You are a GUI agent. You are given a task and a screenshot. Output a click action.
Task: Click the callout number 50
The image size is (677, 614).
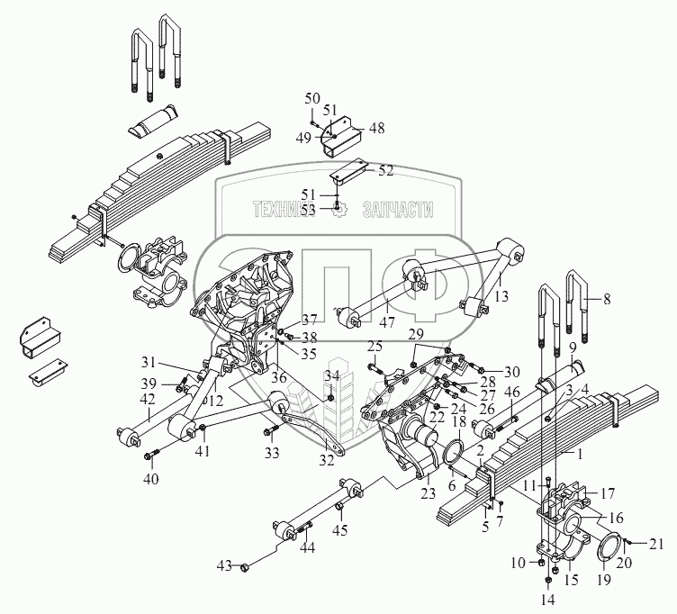point(311,98)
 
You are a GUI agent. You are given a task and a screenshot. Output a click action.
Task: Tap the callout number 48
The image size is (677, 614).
point(375,128)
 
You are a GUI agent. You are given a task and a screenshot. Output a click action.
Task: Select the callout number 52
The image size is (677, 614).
point(385,170)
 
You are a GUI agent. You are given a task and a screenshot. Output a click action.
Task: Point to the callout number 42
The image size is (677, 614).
point(149,402)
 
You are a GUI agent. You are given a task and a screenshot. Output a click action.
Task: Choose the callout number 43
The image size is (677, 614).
point(223,565)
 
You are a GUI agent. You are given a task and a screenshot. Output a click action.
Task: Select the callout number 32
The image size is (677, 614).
point(326,461)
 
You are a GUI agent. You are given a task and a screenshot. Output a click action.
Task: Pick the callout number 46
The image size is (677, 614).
point(513,392)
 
